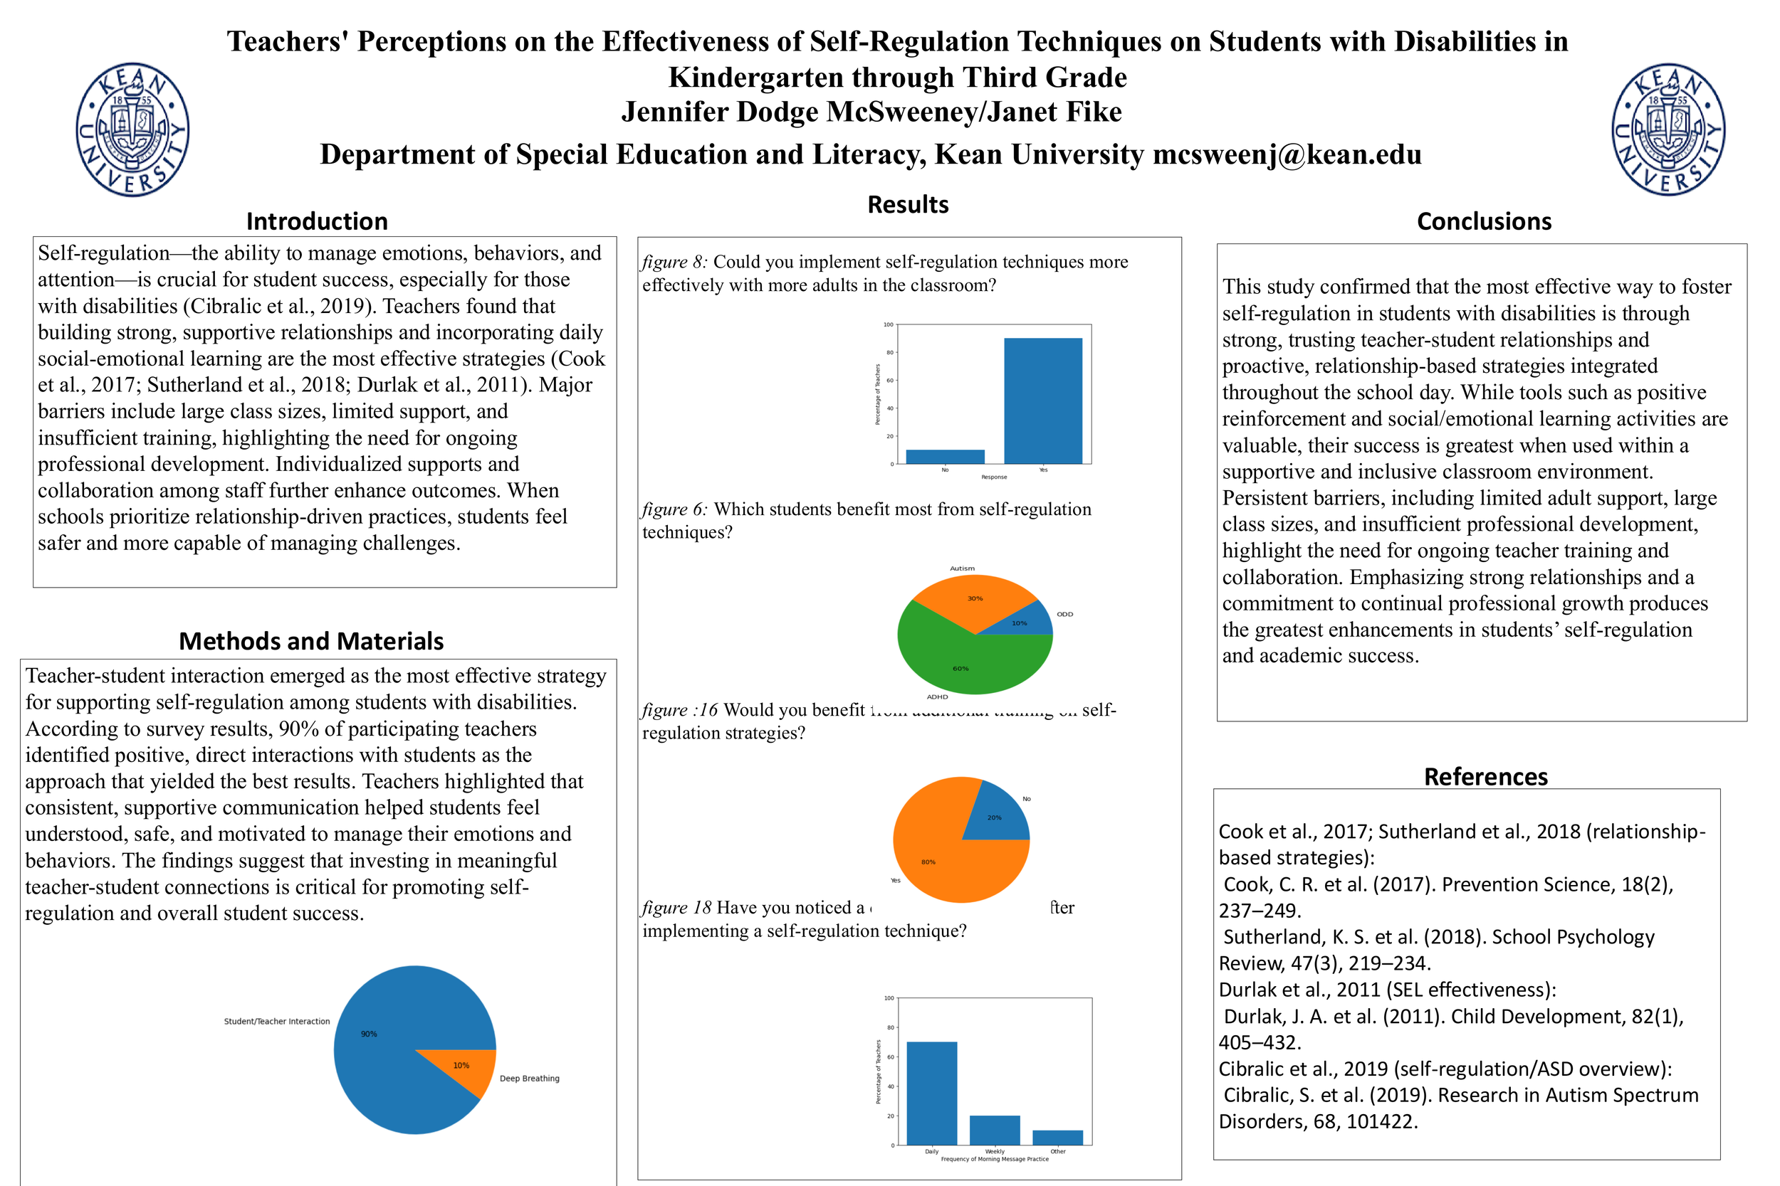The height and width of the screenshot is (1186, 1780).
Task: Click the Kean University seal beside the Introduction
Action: click(132, 130)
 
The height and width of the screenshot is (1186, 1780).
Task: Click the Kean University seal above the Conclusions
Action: click(1668, 130)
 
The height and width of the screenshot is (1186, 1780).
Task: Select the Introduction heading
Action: click(316, 221)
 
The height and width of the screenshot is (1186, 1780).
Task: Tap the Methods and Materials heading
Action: click(311, 642)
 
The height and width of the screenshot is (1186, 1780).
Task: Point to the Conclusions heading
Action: click(1483, 221)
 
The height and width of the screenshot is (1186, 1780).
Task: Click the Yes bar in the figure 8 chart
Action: click(1043, 401)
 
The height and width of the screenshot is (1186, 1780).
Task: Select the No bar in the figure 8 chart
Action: click(946, 457)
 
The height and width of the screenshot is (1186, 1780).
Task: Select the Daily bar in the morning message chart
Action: click(931, 1093)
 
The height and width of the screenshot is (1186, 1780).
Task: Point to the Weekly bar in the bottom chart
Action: click(995, 1130)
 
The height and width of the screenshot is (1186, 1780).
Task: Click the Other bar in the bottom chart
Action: click(1057, 1137)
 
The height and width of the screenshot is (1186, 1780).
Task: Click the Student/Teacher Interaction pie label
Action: click(276, 1021)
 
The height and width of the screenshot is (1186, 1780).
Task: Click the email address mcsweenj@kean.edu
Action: click(1287, 155)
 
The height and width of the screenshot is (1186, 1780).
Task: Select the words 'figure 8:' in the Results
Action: click(674, 262)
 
